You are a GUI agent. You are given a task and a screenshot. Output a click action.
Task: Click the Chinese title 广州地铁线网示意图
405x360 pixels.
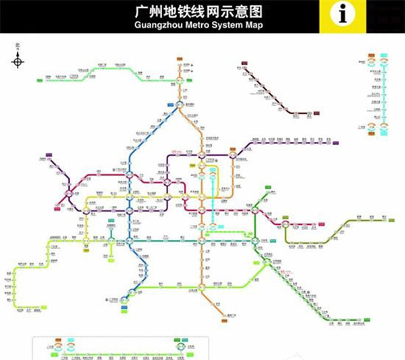(202, 11)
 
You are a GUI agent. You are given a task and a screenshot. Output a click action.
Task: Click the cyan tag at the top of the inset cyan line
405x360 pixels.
(384, 56)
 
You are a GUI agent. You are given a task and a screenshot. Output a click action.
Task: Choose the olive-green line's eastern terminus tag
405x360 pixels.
(385, 220)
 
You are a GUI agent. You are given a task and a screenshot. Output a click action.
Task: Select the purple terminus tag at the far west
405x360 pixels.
(46, 154)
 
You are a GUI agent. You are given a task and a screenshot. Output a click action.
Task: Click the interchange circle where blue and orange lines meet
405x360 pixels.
(181, 103)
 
